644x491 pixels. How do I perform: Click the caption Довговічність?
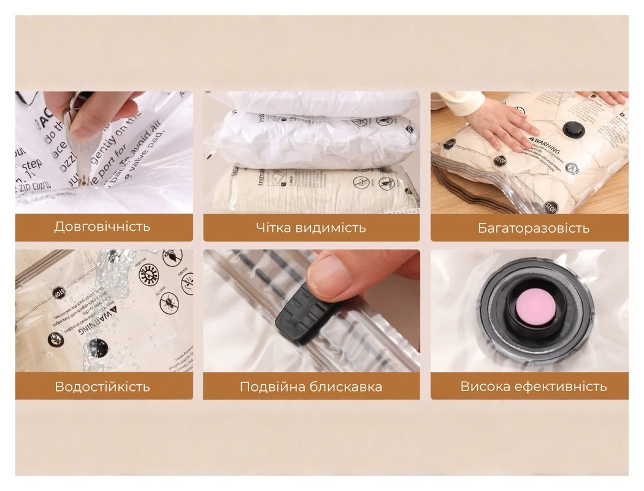(102, 226)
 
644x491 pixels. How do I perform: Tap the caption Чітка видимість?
(311, 228)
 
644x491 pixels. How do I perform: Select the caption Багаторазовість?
(533, 228)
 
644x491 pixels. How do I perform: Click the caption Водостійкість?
(102, 387)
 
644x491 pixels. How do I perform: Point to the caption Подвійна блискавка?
(311, 387)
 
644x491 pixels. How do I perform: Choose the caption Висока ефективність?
(533, 386)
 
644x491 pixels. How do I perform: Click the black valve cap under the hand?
(573, 130)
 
